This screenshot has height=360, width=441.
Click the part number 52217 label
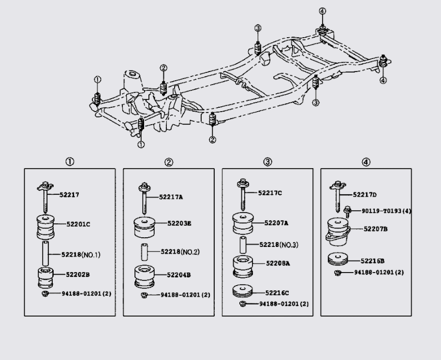(x=69, y=195)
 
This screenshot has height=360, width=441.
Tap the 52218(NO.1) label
(x=81, y=254)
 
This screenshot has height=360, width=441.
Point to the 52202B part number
(x=78, y=274)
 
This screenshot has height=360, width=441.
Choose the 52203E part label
(x=179, y=223)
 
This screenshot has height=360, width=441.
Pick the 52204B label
(x=178, y=274)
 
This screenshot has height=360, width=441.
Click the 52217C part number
(x=270, y=193)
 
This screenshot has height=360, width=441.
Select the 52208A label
(x=277, y=263)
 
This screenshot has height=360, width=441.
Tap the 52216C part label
(x=277, y=292)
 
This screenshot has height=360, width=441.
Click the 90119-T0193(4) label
(x=386, y=211)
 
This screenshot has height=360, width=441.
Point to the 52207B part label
(x=375, y=229)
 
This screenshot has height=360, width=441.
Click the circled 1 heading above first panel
(x=70, y=162)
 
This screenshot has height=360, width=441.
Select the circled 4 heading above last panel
(x=366, y=162)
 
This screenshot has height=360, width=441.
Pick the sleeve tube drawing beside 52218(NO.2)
(x=144, y=252)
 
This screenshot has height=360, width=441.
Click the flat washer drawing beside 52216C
(x=243, y=292)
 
